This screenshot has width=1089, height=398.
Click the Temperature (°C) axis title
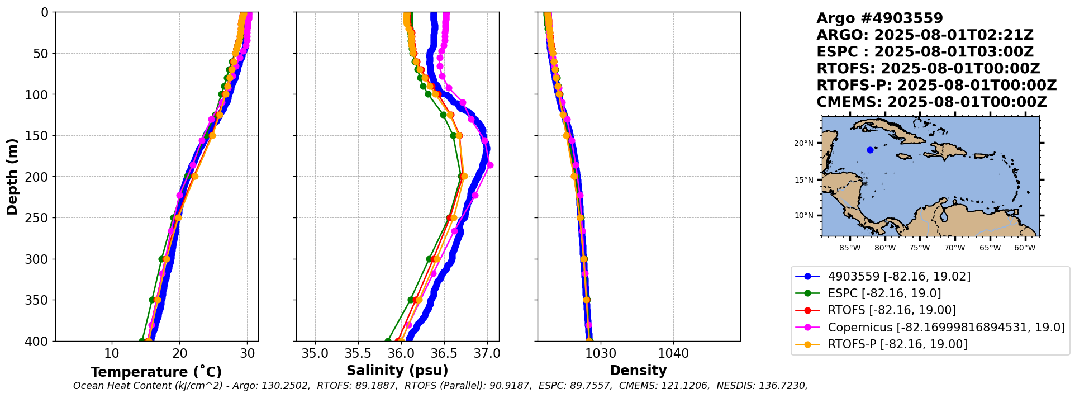tap(156, 372)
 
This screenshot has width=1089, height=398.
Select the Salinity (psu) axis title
tap(397, 371)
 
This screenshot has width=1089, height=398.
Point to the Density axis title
tap(638, 371)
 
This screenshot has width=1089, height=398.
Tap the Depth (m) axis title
tap(12, 177)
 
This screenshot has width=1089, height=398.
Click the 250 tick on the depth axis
tap(39, 218)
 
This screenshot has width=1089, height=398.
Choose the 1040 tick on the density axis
tap(673, 354)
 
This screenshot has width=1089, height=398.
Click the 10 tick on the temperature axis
tap(112, 354)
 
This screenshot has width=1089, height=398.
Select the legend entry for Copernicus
tap(946, 327)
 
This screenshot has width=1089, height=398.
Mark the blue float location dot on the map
tap(870, 150)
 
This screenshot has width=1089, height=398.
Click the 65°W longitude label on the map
tap(990, 248)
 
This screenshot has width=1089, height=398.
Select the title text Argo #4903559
tap(879, 18)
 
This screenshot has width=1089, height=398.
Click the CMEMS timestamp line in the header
tap(931, 102)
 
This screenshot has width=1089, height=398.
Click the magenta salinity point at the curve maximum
tap(490, 165)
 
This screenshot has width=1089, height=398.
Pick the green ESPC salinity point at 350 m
tap(411, 300)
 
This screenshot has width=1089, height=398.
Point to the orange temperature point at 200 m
tap(195, 176)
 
